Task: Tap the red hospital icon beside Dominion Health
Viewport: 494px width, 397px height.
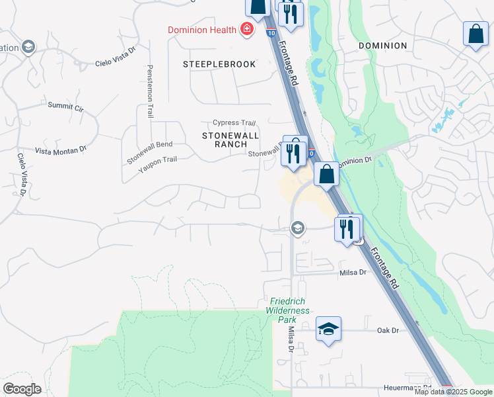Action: coord(247,29)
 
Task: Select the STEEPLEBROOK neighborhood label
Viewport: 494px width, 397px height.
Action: coord(219,64)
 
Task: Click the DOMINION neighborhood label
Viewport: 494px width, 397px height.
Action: coord(382,46)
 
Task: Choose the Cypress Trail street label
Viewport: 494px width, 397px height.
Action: coord(234,123)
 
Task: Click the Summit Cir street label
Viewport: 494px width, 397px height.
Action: coord(65,106)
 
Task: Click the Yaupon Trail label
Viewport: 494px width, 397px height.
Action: coord(158,160)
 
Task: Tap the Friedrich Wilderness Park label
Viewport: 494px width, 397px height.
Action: coord(289,310)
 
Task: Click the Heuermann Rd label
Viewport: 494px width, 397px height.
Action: coord(407,388)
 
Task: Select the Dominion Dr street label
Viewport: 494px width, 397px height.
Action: coord(355,161)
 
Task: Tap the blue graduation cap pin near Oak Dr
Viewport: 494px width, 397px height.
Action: coord(328,328)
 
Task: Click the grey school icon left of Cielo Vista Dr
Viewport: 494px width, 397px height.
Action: coord(28,46)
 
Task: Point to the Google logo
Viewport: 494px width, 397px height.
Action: coord(22,389)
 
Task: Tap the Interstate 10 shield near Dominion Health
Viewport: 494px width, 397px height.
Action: coord(271,30)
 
